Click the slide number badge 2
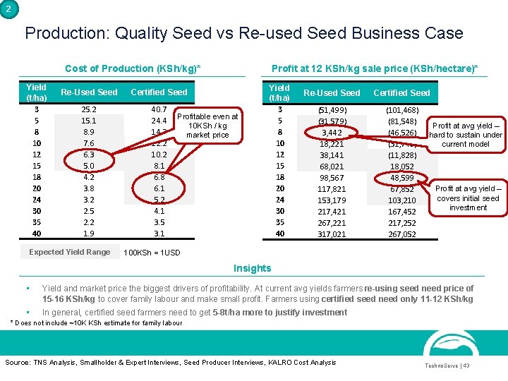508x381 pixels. [7, 8]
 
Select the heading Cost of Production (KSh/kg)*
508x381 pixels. [133, 68]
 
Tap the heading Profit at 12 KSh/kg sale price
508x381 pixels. [374, 68]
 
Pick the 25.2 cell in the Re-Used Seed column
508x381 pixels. [89, 109]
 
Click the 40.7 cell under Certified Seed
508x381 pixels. [159, 109]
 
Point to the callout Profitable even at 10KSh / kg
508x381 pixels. [207, 125]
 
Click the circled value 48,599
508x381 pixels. [401, 178]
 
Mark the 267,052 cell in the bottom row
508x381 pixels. [401, 234]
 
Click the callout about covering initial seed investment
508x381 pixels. [468, 198]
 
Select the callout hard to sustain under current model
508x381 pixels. [465, 135]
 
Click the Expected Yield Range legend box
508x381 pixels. [69, 252]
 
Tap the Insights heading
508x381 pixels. [252, 268]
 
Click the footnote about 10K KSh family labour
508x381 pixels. [96, 322]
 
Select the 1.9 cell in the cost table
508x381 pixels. [89, 234]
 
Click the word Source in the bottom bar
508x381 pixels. [18, 362]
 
